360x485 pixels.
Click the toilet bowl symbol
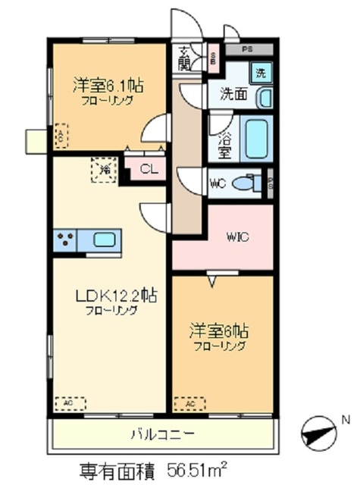tap(246, 183)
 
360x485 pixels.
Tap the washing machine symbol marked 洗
tap(260, 74)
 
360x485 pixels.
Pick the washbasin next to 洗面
tap(265, 99)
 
